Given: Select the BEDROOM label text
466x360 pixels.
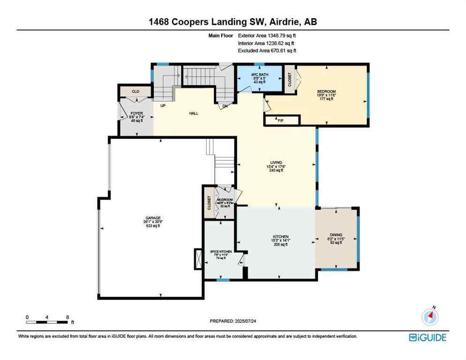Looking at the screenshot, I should pyautogui.click(x=326, y=91).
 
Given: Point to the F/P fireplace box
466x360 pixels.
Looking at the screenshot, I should pyautogui.click(x=281, y=120).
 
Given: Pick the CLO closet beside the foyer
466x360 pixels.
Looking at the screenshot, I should pyautogui.click(x=135, y=91).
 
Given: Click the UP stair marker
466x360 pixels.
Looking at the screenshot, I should pyautogui.click(x=163, y=106).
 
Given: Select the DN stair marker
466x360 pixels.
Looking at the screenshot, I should pyautogui.click(x=225, y=106).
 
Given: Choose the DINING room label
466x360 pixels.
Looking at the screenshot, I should pyautogui.click(x=336, y=235).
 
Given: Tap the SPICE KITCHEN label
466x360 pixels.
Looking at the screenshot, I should pyautogui.click(x=220, y=252).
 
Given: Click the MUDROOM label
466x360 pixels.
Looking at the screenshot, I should pyautogui.click(x=224, y=200).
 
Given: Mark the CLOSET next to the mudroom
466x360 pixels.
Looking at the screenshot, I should pyautogui.click(x=209, y=202).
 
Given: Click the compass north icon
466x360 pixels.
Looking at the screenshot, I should pyautogui.click(x=429, y=317).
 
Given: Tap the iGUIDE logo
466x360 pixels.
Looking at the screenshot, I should pyautogui.click(x=427, y=337).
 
